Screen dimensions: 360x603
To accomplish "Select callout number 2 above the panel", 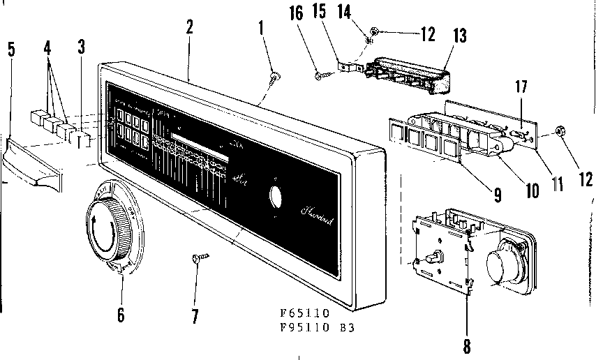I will tap(190, 27).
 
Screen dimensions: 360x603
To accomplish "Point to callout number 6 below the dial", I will tap(121, 315).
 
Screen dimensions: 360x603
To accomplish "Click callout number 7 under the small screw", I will tap(195, 316).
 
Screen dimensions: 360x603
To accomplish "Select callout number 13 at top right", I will tap(459, 36).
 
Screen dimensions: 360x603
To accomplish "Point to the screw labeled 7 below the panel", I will tap(196, 260).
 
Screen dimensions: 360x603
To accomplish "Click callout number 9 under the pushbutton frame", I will tap(497, 195).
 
